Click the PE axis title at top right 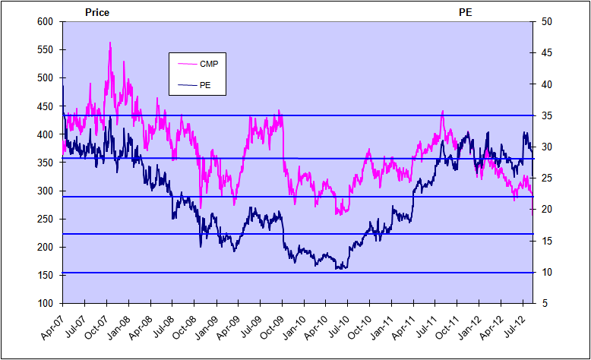[x=465, y=12]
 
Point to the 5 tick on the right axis [x=542, y=303]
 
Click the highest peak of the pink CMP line [x=111, y=43]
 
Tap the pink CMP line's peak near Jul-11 [x=442, y=112]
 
